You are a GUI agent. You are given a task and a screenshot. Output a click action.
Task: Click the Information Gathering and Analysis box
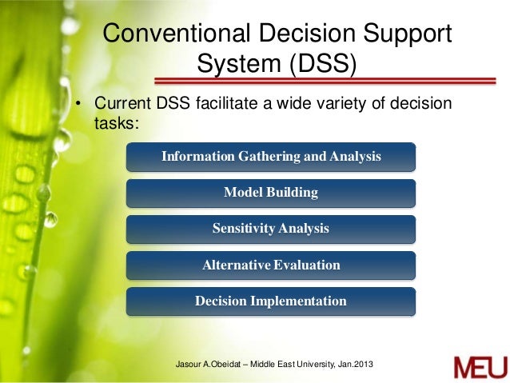(271, 157)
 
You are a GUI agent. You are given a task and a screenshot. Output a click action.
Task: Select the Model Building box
(271, 193)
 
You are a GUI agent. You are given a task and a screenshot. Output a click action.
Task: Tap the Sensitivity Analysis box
(271, 229)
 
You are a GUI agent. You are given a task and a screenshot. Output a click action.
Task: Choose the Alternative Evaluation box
(271, 265)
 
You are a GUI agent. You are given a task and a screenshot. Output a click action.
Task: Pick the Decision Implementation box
(271, 301)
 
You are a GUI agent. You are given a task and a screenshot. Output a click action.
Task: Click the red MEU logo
(479, 367)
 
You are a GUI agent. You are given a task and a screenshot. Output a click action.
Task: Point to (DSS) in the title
(320, 64)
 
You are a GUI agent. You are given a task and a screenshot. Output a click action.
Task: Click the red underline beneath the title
(328, 79)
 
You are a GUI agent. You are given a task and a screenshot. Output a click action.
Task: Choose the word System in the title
(233, 64)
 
